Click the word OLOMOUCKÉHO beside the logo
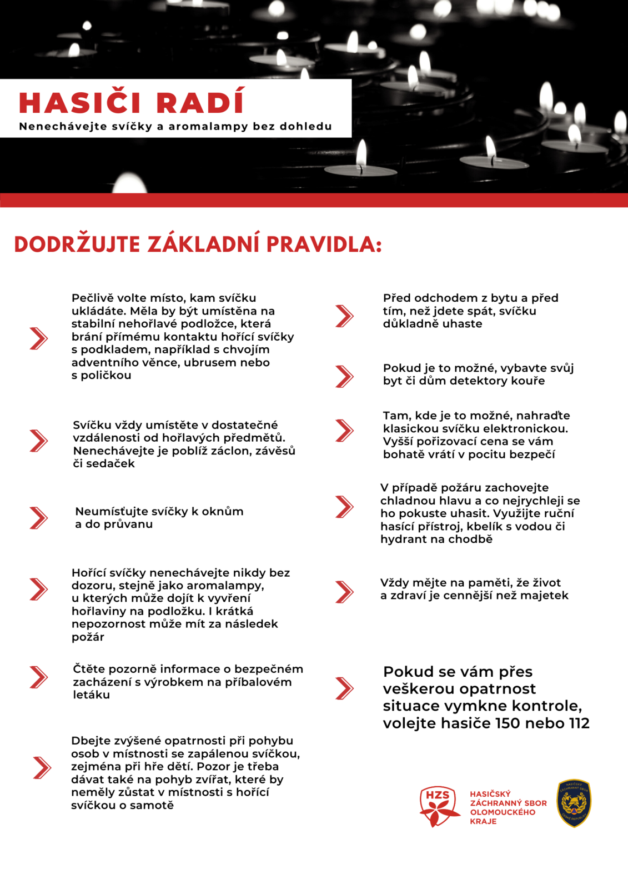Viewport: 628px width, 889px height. tap(503, 812)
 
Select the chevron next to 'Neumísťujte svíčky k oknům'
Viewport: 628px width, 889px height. tap(38, 518)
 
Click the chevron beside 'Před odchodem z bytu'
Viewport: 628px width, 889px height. tap(344, 316)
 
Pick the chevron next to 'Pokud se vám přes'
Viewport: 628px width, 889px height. tap(344, 688)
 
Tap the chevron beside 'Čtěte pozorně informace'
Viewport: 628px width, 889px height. tap(38, 677)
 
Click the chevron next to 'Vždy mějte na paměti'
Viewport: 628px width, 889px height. tap(344, 592)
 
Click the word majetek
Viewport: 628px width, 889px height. tap(547, 596)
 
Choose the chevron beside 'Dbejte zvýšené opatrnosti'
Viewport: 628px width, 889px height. tap(42, 767)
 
